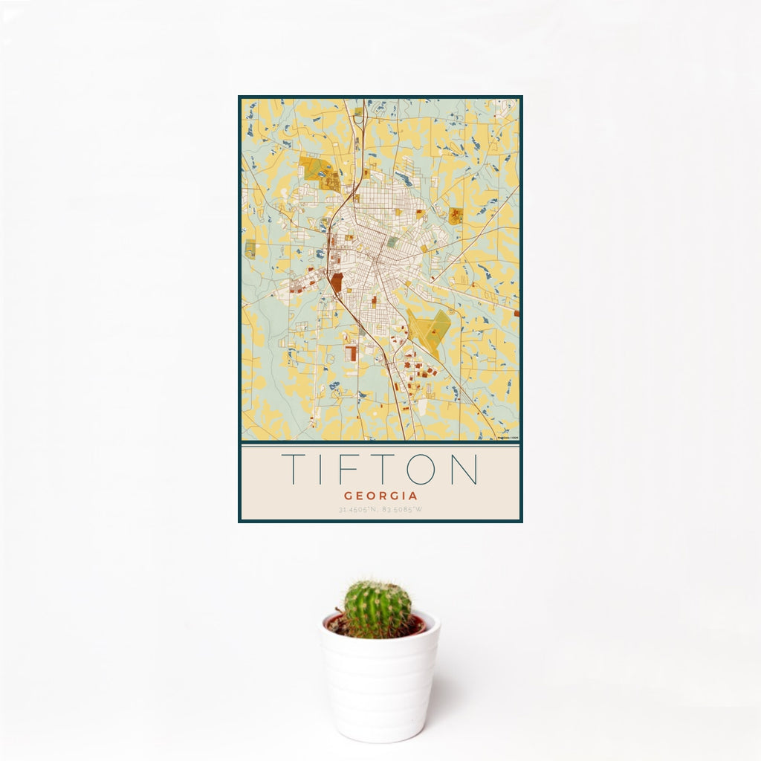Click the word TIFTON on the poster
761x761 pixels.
point(380,469)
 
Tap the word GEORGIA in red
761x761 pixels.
point(380,496)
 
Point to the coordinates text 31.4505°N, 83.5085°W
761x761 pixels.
point(380,510)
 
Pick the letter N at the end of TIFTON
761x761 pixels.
point(464,469)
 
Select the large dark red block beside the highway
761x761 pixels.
point(337,282)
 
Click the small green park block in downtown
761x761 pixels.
point(392,242)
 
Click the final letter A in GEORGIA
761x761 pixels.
point(412,496)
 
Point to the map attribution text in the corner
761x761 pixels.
point(508,437)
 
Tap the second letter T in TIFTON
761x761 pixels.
point(383,469)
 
